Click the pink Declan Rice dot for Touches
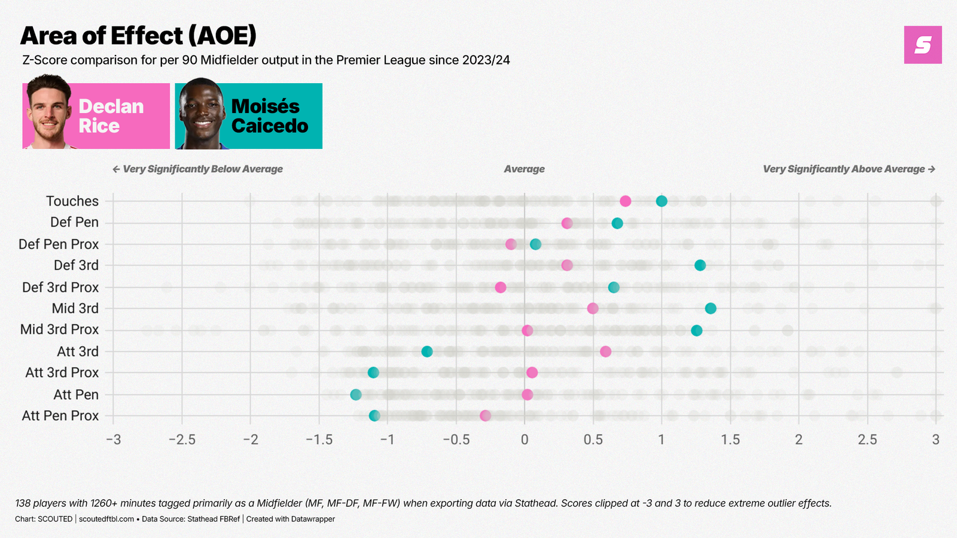tap(625, 201)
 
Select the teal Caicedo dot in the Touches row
tap(662, 201)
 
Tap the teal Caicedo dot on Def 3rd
tap(700, 265)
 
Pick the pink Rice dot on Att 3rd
tap(605, 351)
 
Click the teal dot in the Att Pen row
tap(356, 395)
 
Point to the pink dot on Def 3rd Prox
tap(501, 288)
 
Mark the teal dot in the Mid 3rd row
tap(711, 308)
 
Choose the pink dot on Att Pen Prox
tap(485, 415)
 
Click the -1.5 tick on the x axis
tap(319, 440)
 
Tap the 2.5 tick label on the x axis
tap(867, 440)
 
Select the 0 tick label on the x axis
tap(525, 440)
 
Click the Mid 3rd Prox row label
tap(59, 329)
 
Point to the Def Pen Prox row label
tap(59, 244)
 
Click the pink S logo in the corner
tap(923, 45)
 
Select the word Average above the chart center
tap(524, 169)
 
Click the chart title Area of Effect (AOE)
tap(138, 36)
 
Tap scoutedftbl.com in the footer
tap(106, 519)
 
